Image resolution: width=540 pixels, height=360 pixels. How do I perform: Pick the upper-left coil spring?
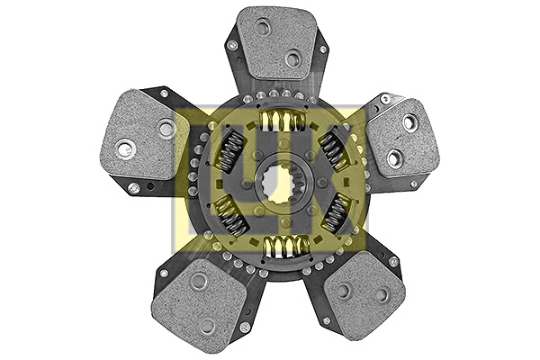(x=229, y=150)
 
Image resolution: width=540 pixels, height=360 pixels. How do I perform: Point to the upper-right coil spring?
(x=335, y=147)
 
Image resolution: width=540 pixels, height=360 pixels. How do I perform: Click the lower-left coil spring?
(x=230, y=216)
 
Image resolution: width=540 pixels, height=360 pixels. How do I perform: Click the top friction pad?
(x=275, y=43)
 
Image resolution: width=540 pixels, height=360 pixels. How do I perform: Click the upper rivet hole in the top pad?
(x=263, y=28)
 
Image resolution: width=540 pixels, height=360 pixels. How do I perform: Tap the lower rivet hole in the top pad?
(x=292, y=58)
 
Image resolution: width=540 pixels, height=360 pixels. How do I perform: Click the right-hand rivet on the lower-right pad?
(x=381, y=294)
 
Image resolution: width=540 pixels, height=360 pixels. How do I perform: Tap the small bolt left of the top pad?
(x=232, y=45)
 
